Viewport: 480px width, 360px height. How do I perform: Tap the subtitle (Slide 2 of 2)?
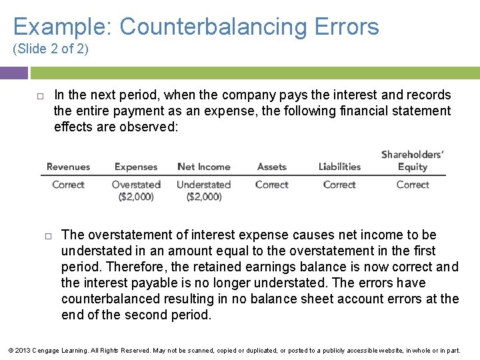pos(51,49)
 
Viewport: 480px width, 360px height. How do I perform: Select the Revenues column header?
pos(68,167)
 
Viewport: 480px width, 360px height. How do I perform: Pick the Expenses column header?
pos(136,167)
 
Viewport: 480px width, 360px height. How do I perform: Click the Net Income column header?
pos(204,167)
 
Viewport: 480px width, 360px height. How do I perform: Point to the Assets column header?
pos(271,167)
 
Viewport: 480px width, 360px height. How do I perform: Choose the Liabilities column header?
pos(339,167)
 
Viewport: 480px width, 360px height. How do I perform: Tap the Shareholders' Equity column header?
pos(413,161)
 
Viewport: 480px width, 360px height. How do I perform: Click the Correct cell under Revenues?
pos(68,185)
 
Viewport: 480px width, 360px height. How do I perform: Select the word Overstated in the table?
pos(136,185)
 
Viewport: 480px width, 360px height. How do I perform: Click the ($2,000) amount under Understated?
pos(204,197)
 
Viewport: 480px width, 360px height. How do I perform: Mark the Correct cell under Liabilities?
pos(339,185)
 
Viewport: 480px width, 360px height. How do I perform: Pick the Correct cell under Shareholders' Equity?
pos(413,185)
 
